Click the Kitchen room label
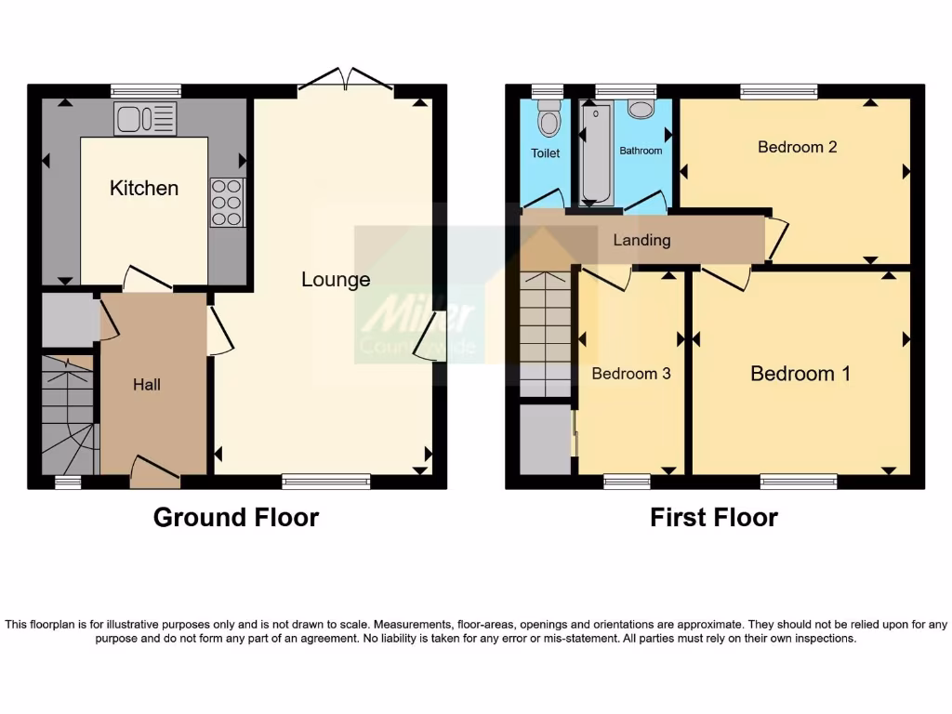click(144, 188)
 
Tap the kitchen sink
click(145, 118)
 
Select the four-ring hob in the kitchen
click(227, 202)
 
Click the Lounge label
click(336, 280)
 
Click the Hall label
click(146, 384)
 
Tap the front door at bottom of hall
click(154, 472)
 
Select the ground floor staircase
click(69, 415)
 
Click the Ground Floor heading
click(235, 518)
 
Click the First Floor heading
click(713, 518)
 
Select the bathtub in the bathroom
click(595, 153)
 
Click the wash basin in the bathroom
click(641, 109)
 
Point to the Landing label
click(641, 240)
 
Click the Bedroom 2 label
click(797, 147)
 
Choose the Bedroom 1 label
click(800, 374)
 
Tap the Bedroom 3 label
click(631, 374)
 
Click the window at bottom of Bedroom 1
click(798, 481)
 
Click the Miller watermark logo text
click(418, 316)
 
